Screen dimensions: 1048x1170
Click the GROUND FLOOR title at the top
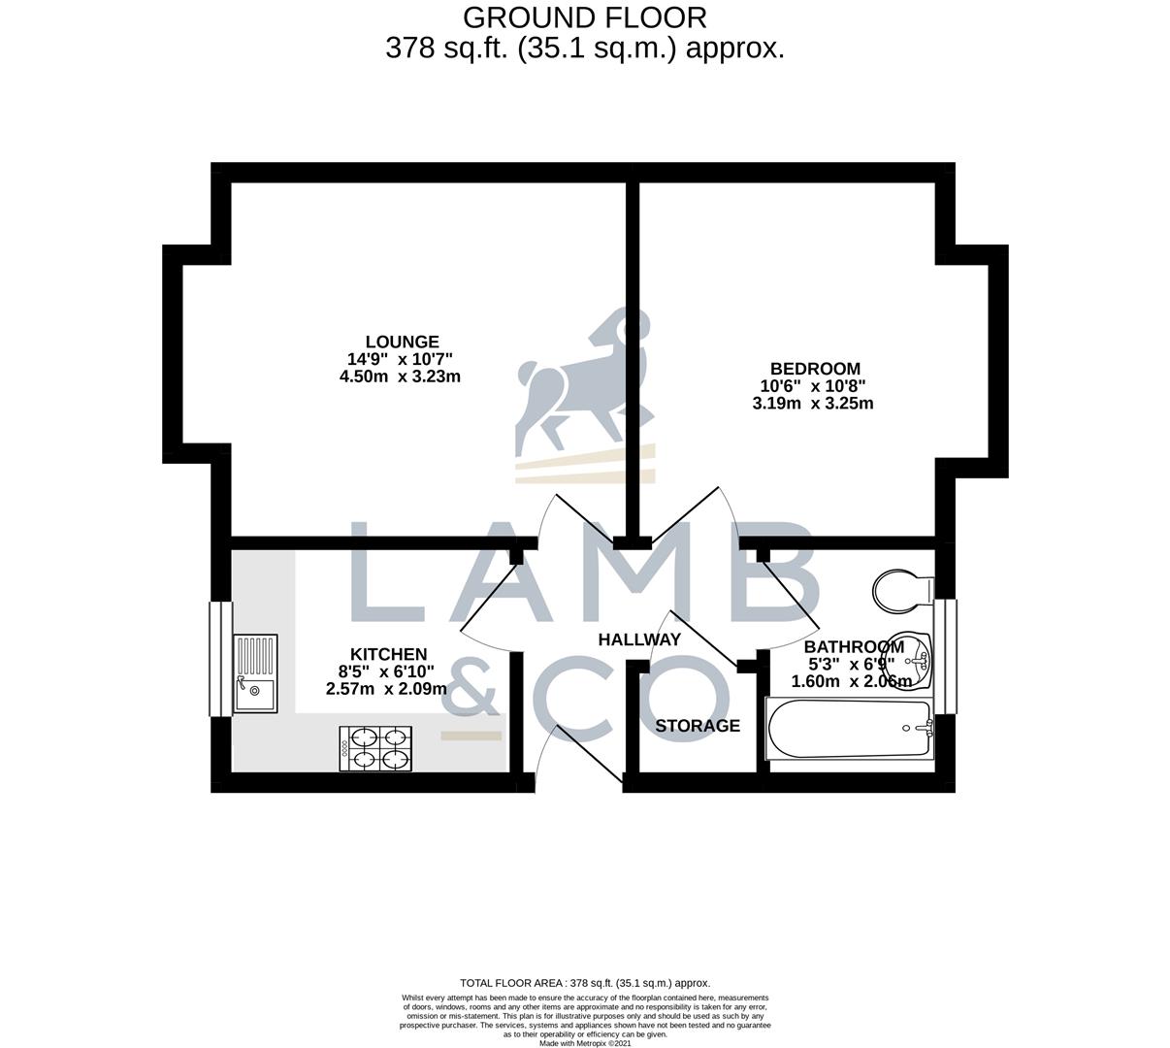point(584,17)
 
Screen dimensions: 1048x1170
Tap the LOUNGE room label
point(402,342)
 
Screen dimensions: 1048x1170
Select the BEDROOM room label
point(815,369)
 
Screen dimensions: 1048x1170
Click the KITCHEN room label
point(388,655)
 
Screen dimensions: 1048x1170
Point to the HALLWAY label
point(638,639)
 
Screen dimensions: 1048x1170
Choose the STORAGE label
point(697,726)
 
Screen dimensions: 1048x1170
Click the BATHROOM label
point(854,647)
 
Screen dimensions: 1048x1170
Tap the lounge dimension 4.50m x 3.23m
point(399,377)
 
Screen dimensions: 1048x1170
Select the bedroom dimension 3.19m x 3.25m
point(812,404)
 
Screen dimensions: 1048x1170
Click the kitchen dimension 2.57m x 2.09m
point(386,689)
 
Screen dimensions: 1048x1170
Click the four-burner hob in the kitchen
point(374,749)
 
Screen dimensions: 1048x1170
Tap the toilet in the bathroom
point(902,591)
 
